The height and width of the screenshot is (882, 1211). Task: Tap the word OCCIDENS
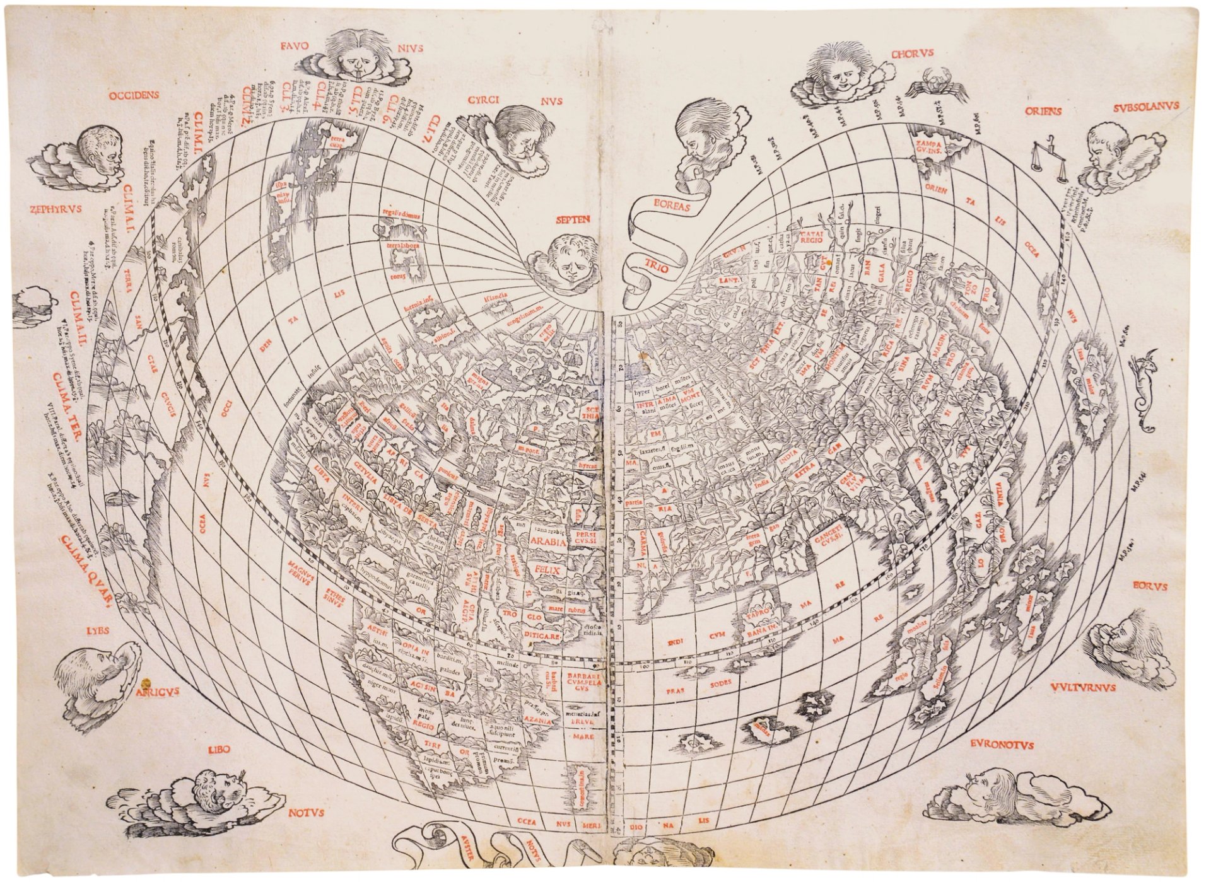tap(133, 96)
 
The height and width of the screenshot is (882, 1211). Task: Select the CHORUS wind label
tap(912, 54)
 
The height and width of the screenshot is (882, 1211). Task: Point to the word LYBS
tap(97, 629)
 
